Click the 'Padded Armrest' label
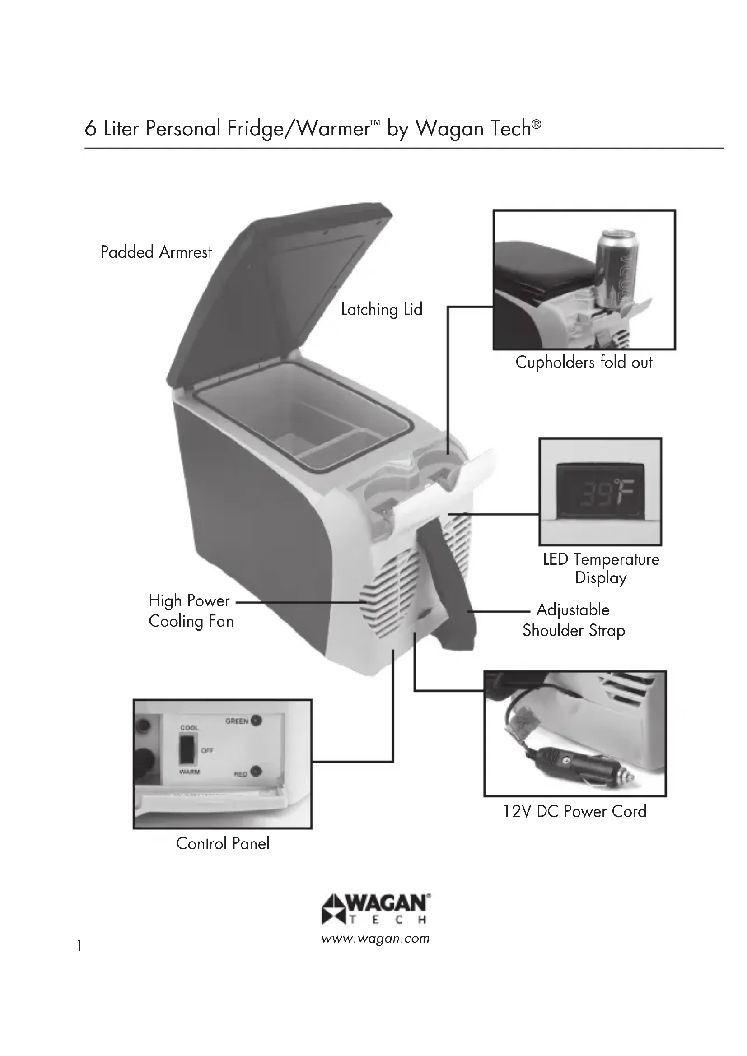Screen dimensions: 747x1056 (156, 252)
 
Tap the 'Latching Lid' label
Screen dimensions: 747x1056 (381, 310)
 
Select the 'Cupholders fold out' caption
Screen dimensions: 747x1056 (583, 363)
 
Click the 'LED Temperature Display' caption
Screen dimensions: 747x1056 (601, 568)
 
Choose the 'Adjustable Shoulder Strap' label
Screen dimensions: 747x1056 (573, 620)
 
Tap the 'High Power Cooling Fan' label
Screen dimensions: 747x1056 (191, 611)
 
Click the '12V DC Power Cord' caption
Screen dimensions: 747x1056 (574, 811)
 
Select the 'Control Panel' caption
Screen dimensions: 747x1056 (223, 843)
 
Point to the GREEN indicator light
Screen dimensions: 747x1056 (256, 721)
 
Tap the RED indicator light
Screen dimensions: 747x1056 (256, 771)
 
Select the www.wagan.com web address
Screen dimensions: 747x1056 (375, 939)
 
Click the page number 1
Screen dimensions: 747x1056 (80, 946)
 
